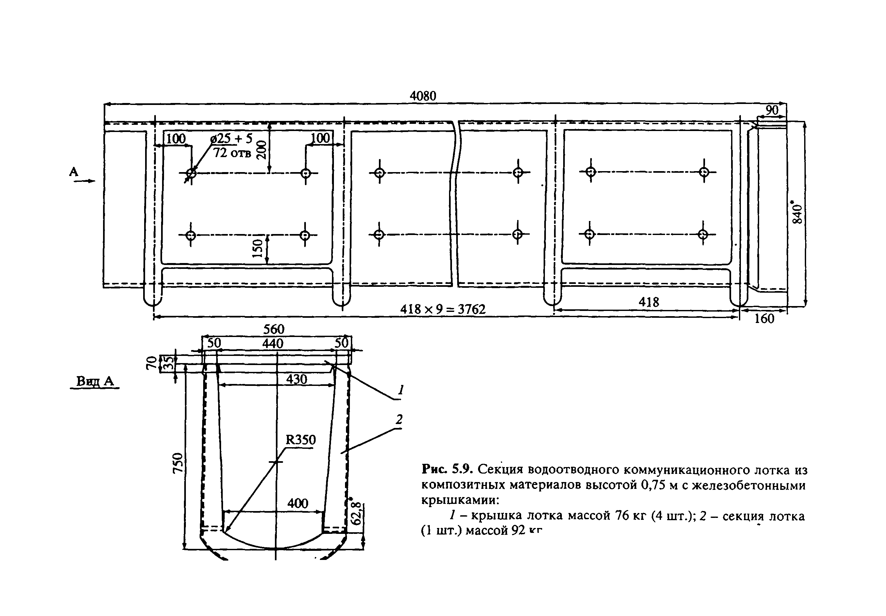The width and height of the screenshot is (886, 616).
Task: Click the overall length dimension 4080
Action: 423,96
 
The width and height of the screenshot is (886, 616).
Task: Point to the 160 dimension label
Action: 764,319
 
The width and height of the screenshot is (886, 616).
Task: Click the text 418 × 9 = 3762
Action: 443,309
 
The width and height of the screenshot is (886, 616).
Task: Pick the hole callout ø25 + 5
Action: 232,139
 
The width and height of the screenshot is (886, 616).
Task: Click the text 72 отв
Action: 232,153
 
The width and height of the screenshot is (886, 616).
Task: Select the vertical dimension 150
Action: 257,248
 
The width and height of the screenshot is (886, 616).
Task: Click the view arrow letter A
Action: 74,172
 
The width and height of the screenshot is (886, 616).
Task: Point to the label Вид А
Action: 95,381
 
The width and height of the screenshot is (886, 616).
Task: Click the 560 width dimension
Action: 274,329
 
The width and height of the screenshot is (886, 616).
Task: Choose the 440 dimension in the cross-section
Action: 273,343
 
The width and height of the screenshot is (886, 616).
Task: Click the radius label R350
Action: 300,440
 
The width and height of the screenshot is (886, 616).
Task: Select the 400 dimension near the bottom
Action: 297,503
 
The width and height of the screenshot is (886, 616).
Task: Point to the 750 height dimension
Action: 177,462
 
